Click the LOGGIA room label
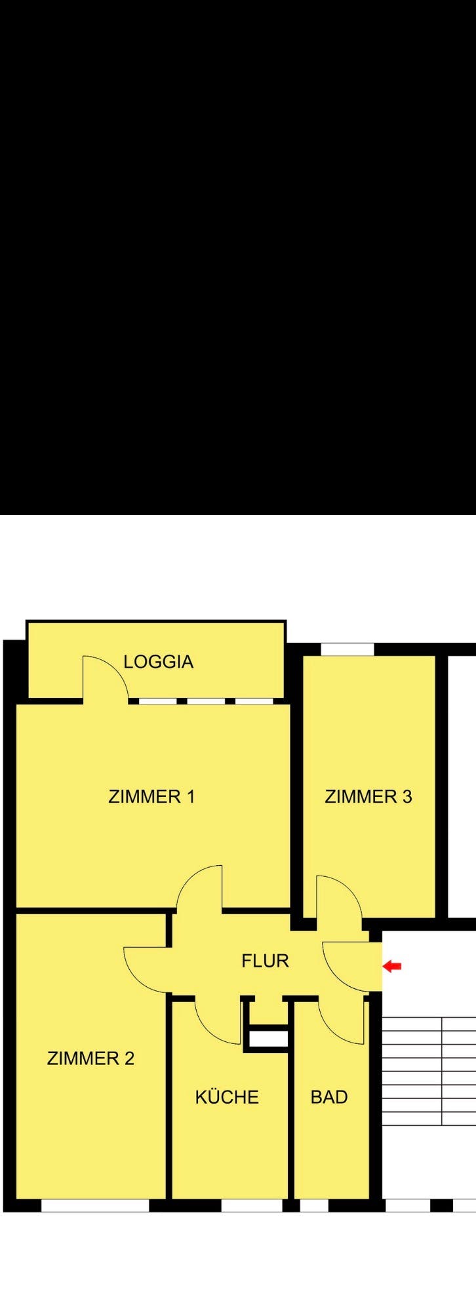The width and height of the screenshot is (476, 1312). [x=158, y=662]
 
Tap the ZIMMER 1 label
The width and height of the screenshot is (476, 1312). [x=151, y=797]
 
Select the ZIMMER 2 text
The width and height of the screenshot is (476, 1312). [x=90, y=1058]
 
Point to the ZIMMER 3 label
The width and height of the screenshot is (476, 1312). [x=368, y=797]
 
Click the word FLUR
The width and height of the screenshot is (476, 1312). [x=265, y=961]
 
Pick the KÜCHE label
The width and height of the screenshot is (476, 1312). [x=227, y=1097]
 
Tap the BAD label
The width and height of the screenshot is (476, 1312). [x=329, y=1097]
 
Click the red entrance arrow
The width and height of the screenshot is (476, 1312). [x=392, y=966]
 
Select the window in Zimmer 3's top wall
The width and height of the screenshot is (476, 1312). [x=347, y=649]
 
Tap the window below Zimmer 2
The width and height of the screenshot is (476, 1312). [x=95, y=1206]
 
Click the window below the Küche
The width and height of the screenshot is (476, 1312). [x=252, y=1206]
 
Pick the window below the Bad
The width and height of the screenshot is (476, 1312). [x=314, y=1206]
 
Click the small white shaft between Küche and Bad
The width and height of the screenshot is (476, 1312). [x=269, y=1039]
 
